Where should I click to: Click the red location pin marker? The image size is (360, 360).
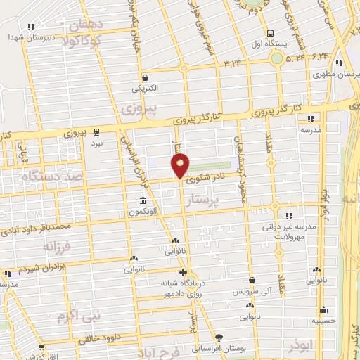pos(180,165)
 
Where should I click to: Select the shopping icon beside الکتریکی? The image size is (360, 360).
pos(145,77)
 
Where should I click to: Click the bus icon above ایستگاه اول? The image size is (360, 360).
pos(271,33)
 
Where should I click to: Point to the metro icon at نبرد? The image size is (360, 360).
pos(96,131)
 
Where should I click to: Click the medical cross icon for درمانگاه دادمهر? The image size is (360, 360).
pos(183,271)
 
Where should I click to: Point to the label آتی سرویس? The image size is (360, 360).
pos(252,290)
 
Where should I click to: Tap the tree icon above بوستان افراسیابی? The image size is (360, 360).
pos(219,338)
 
